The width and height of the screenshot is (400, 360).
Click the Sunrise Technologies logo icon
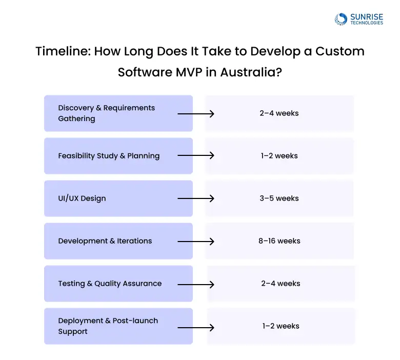coord(341,19)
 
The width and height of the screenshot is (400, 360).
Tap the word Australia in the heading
coord(251,72)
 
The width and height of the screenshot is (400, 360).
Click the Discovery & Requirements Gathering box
coord(118,113)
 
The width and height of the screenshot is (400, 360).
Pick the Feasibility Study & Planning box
coord(118,156)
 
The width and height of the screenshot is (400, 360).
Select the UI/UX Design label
coord(82,198)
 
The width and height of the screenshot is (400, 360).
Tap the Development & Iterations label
coord(105,241)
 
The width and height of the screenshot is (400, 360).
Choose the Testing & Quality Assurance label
coord(110,284)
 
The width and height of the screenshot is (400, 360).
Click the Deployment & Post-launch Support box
coord(118,326)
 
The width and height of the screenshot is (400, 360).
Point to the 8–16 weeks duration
coord(279,241)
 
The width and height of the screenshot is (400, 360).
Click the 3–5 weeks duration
coord(279,198)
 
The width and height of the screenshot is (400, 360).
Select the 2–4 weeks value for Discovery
coord(279,113)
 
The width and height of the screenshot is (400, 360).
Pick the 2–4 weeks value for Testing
coord(281,284)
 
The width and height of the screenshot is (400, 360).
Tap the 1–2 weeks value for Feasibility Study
coord(279,156)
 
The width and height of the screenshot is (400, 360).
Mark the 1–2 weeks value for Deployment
coord(281,326)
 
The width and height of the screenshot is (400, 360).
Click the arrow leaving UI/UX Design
coord(196,198)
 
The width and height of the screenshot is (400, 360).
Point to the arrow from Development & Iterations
coord(196,241)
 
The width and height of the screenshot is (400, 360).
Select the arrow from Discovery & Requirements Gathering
coord(196,113)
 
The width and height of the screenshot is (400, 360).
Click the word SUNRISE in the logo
coord(366,17)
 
